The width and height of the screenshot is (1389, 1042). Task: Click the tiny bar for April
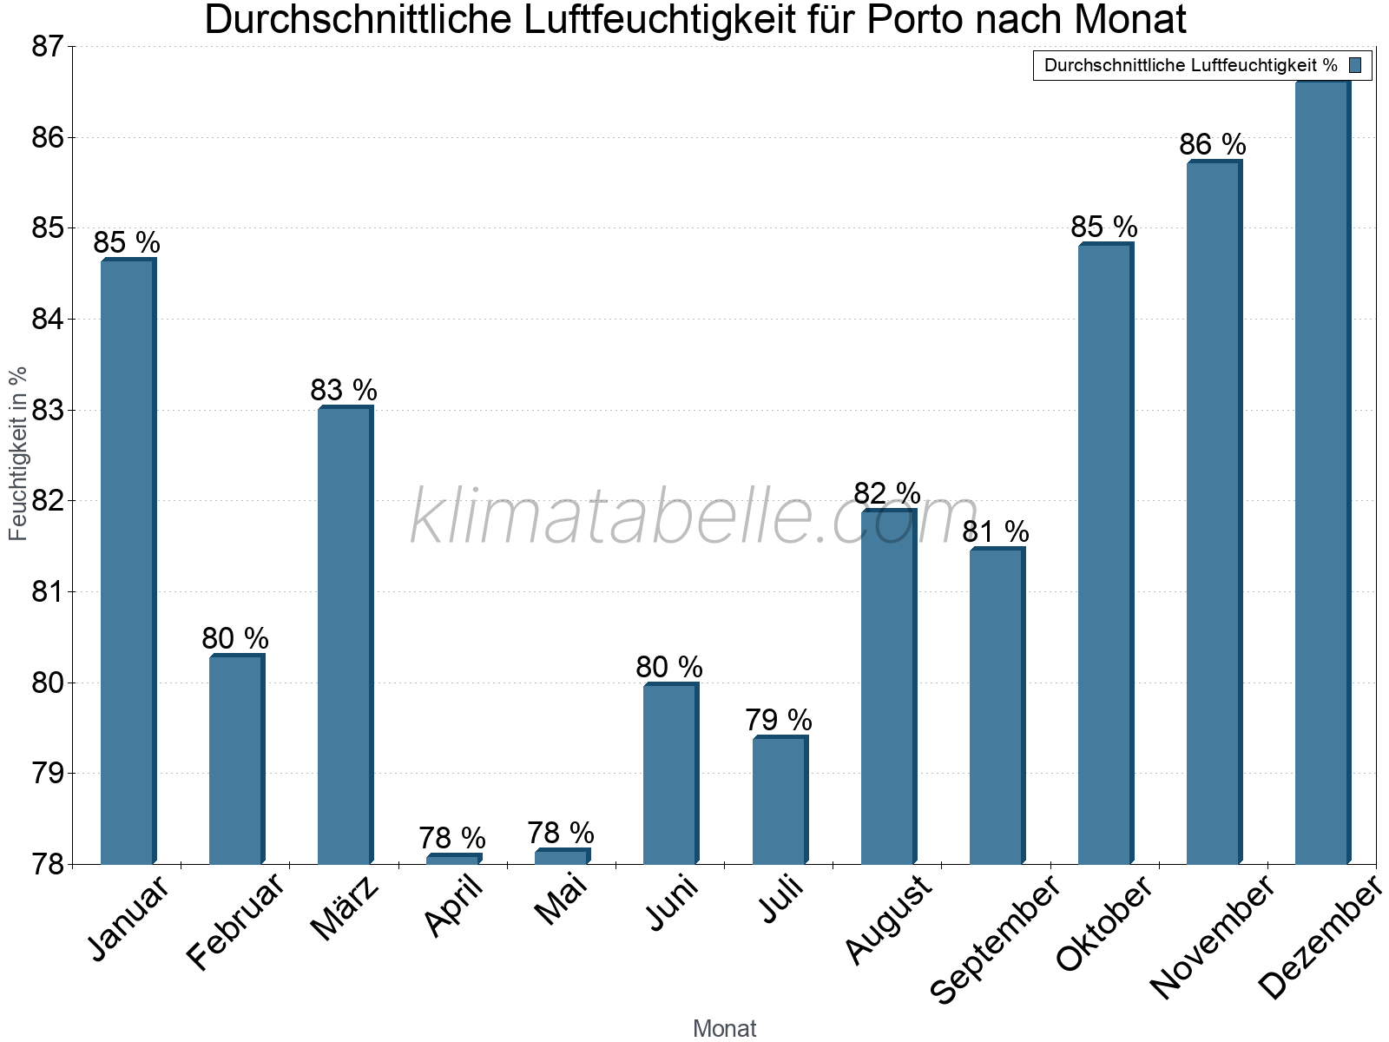pos(453,860)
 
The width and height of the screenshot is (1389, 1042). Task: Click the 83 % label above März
pos(344,391)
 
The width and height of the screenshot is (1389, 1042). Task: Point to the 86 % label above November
pos(1212,145)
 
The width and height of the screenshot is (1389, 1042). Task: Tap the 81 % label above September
pos(995,531)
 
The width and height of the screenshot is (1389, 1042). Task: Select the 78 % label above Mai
pos(561,834)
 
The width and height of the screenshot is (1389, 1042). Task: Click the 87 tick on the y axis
pos(48,47)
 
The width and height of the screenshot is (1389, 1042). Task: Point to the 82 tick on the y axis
pos(48,501)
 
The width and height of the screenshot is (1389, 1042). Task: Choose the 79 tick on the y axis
pos(48,774)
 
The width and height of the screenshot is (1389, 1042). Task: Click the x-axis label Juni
pos(673,904)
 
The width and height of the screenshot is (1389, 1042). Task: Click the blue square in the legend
pos(1355,65)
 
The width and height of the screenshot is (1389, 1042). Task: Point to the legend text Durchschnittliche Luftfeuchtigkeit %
pos(1190,65)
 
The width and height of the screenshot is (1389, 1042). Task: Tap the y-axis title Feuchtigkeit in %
pos(18,453)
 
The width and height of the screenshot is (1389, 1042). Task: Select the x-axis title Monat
pos(724,1029)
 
